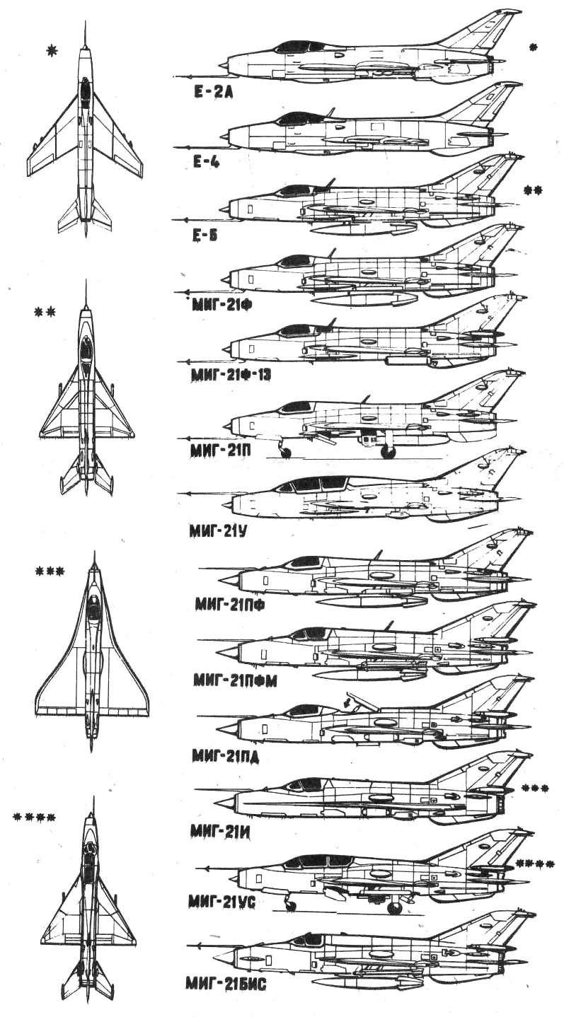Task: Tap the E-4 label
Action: (206, 161)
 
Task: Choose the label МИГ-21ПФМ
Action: (231, 680)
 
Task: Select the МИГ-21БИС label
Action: (225, 983)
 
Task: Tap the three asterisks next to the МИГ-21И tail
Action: (534, 787)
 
